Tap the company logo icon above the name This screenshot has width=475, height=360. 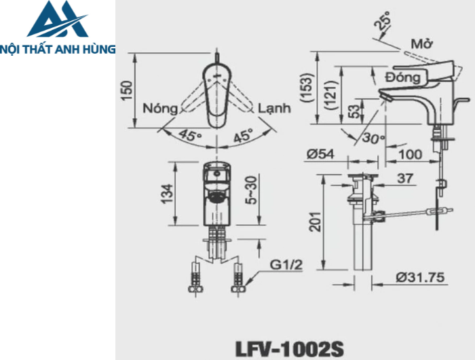[x=58, y=20]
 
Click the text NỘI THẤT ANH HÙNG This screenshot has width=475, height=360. [x=58, y=49]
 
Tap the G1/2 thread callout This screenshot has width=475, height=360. [x=286, y=264]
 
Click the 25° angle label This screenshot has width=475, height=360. [x=384, y=24]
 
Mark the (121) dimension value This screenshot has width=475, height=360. [x=330, y=94]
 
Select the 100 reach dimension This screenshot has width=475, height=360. [x=412, y=154]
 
